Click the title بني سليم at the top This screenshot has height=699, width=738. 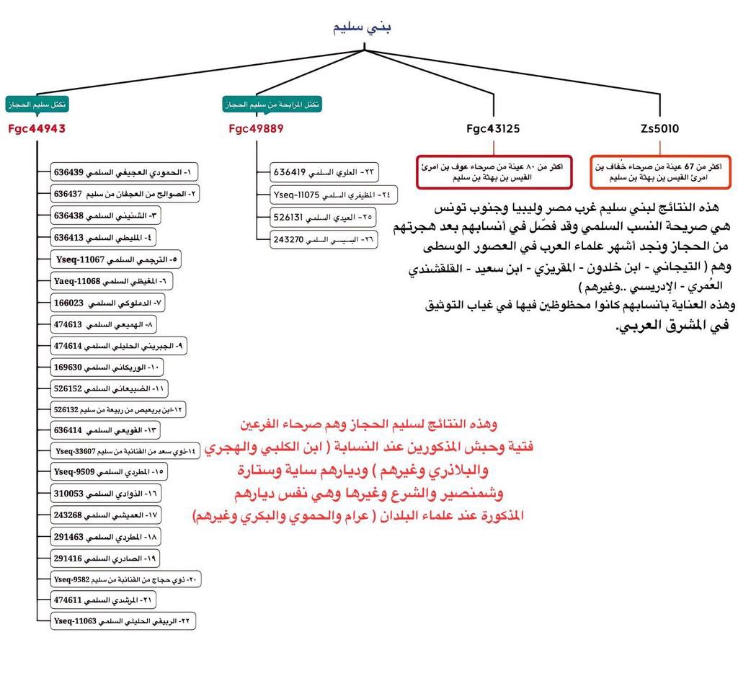click(363, 28)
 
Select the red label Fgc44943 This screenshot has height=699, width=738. click(37, 129)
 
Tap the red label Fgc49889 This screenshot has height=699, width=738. click(256, 129)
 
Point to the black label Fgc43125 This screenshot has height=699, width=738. click(493, 129)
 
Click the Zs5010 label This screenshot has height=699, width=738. click(659, 129)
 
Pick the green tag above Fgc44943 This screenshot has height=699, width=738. click(37, 104)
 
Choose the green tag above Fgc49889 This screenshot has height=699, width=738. click(272, 104)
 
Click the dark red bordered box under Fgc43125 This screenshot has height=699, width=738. click(494, 171)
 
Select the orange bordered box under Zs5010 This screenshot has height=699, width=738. click(659, 171)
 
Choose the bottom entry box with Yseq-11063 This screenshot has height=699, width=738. click(123, 620)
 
